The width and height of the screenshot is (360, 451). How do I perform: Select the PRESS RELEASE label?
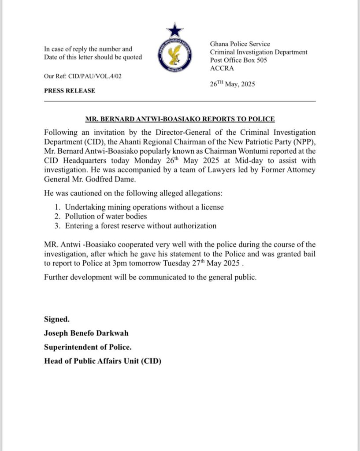click(69, 91)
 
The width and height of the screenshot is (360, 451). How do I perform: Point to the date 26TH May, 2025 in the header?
click(233, 84)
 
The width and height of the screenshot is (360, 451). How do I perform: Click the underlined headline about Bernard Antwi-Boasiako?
click(180, 119)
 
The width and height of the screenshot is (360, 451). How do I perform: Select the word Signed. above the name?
click(56, 319)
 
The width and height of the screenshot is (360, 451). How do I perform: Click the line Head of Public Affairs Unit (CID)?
click(102, 362)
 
